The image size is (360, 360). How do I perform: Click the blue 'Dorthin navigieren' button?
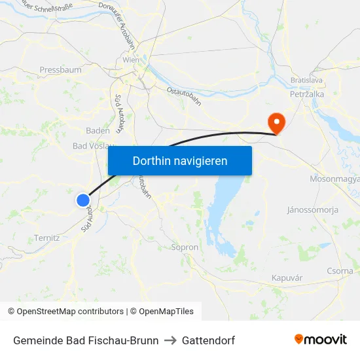point(179,160)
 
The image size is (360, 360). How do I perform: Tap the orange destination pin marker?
point(276,122)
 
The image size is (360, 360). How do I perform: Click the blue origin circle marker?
point(82,200)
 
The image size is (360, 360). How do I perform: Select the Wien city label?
point(131,60)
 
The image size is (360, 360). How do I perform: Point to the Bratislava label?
point(307,81)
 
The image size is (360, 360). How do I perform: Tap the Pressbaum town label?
point(60,69)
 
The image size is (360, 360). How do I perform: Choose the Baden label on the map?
point(98,130)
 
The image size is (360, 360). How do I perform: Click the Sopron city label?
point(184,247)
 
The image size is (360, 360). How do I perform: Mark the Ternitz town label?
point(47,238)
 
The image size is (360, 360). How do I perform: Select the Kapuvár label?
point(287,278)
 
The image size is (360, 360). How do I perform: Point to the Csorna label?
point(340,270)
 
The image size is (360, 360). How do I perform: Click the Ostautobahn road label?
point(184,96)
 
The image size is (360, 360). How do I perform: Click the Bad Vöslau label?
point(92,146)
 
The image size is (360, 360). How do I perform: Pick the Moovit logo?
point(321,340)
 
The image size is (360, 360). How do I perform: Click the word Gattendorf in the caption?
point(208,340)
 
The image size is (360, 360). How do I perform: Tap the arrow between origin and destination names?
point(170,340)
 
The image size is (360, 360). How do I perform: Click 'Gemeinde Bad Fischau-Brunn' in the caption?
point(86,340)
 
